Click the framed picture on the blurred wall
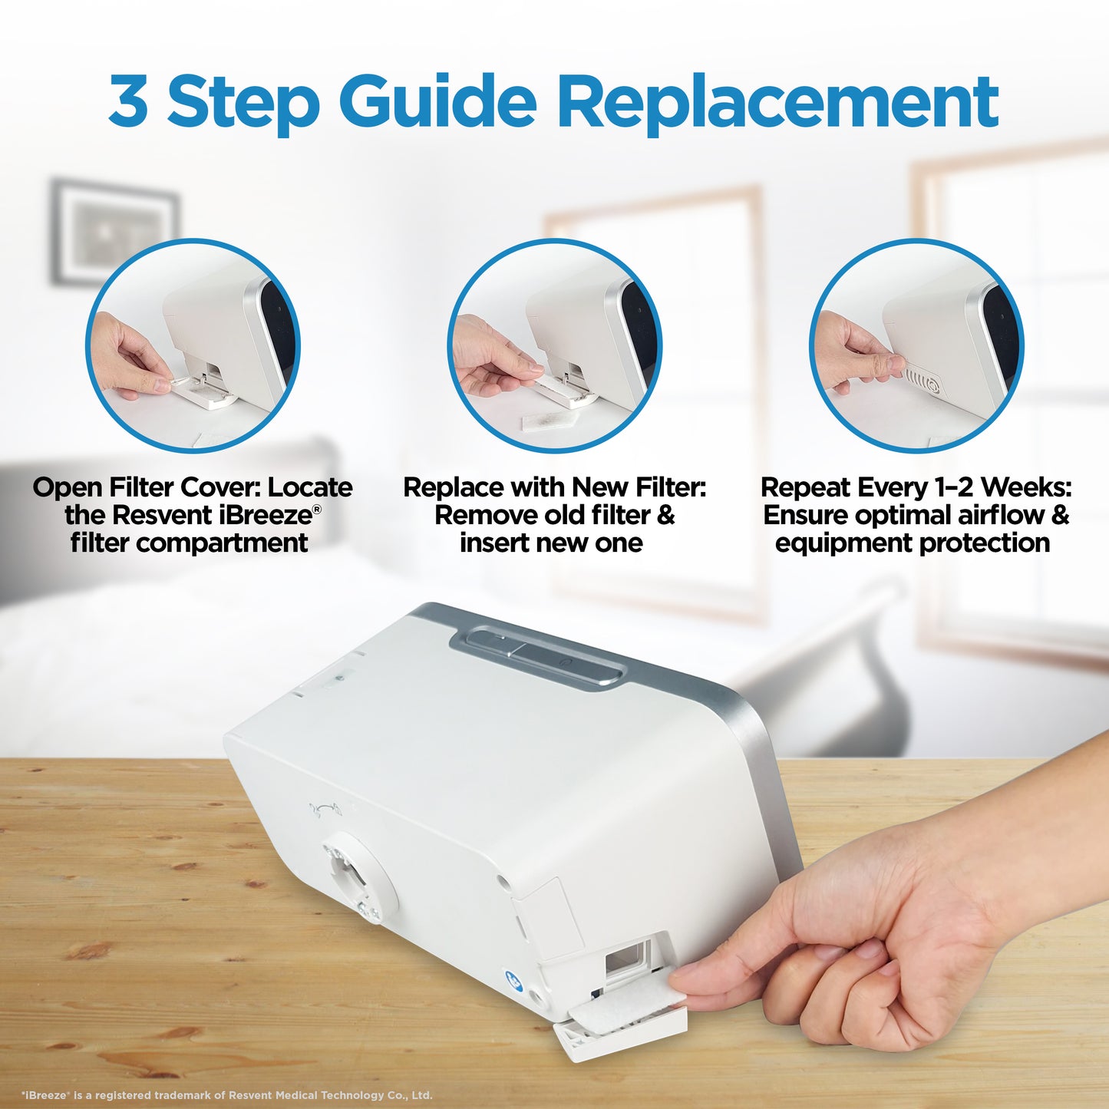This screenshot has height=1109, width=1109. point(115,231)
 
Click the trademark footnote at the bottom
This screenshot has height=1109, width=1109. point(227,1095)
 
